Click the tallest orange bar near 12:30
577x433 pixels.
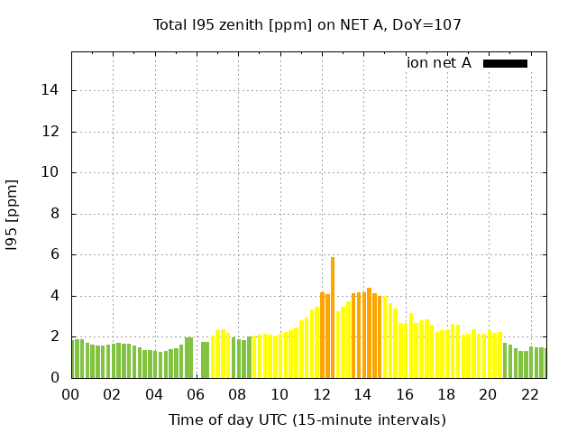333,318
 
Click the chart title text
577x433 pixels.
307,25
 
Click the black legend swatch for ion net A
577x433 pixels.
505,63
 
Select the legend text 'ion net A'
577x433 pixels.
439,63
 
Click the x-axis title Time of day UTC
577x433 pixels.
307,419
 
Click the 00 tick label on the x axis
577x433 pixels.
70,395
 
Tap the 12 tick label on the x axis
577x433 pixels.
321,395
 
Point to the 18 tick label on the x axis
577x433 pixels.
446,395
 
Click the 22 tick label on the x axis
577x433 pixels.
530,395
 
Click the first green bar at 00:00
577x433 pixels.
74,359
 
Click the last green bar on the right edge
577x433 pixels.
544,363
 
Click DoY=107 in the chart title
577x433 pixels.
429,25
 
